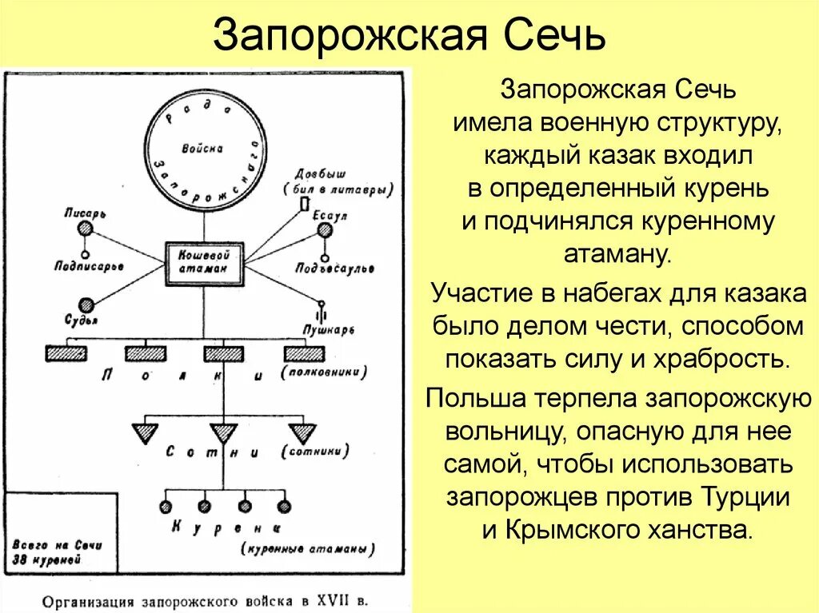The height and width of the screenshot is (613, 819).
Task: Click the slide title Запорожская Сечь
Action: (409, 36)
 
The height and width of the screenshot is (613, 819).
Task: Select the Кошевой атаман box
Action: (205, 262)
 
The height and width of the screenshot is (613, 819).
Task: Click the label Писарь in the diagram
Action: (86, 213)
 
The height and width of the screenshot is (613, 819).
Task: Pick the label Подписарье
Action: (88, 265)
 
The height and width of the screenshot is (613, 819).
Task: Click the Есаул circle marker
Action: (325, 230)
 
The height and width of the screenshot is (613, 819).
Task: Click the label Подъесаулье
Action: (334, 269)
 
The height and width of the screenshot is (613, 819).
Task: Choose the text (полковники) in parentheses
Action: (325, 372)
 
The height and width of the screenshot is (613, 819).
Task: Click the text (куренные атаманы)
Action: (308, 550)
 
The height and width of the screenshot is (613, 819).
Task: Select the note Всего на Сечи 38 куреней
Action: (56, 551)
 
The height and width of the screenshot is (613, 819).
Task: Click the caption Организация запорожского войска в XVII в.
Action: (206, 599)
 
